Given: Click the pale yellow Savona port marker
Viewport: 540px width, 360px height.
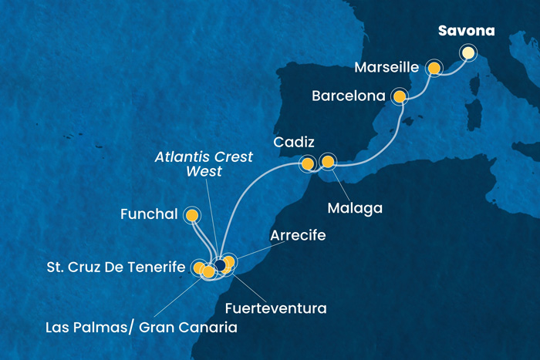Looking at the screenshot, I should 467,53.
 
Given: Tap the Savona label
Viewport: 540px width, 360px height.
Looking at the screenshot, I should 466,32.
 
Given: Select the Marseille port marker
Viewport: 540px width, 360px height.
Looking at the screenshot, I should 434,69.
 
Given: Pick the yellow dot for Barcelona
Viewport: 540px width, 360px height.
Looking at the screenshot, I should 400,96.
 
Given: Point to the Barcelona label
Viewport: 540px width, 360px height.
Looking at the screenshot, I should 349,97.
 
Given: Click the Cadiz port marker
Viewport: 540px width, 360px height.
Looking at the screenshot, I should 308,163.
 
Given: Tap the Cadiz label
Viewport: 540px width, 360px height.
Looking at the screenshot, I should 294,143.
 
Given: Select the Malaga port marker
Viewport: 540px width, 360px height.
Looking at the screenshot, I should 328,162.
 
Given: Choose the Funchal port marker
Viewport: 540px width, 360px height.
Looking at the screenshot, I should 190,215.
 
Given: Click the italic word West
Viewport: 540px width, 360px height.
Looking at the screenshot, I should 204,171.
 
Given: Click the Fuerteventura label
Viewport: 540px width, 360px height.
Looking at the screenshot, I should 275,308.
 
